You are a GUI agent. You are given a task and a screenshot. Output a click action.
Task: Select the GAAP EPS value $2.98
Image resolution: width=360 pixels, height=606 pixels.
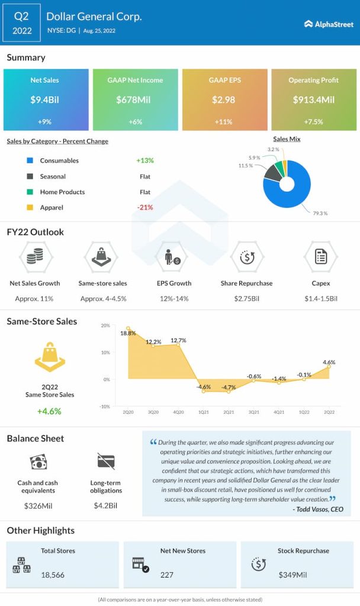pyautogui.click(x=224, y=100)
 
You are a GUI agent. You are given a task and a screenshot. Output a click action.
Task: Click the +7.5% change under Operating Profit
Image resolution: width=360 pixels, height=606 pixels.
pyautogui.click(x=313, y=121)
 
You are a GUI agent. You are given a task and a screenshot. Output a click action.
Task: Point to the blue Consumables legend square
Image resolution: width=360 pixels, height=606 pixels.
pyautogui.click(x=30, y=161)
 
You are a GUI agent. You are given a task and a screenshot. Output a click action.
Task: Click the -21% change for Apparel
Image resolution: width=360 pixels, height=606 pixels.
pyautogui.click(x=144, y=208)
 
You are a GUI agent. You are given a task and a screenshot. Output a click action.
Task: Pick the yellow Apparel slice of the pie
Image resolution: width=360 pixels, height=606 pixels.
pyautogui.click(x=284, y=165)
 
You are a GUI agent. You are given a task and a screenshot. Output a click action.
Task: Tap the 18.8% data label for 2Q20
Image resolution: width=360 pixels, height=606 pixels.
pyautogui.click(x=128, y=333)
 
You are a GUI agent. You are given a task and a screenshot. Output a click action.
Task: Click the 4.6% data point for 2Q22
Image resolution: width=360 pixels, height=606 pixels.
pyautogui.click(x=329, y=366)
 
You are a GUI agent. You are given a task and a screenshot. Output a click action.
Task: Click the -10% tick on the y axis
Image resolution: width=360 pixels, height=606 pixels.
pyautogui.click(x=104, y=407)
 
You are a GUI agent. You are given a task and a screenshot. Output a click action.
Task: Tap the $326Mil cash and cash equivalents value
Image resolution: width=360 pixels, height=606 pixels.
pyautogui.click(x=37, y=505)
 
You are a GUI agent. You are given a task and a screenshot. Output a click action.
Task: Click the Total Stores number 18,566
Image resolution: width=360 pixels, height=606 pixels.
pyautogui.click(x=53, y=575)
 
